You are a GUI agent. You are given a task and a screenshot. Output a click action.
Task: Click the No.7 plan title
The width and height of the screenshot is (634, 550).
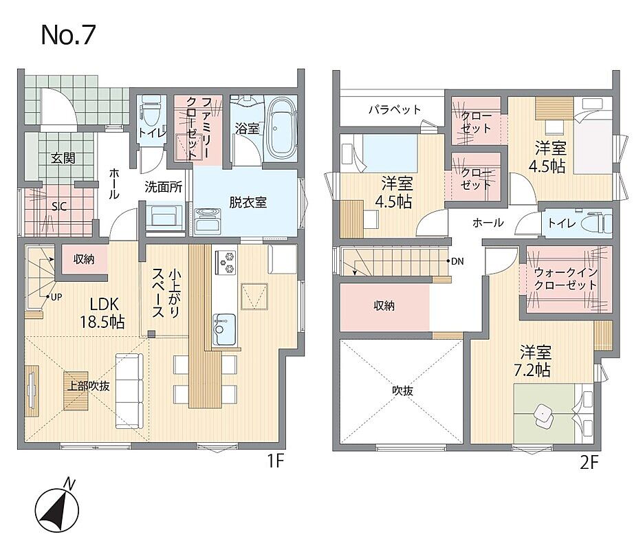68,35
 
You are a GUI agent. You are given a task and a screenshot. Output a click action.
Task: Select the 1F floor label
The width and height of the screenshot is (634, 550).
276,461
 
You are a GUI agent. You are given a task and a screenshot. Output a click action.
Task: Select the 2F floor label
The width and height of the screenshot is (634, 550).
589,462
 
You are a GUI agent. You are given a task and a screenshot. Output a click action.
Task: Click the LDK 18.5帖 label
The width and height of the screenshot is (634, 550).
102,312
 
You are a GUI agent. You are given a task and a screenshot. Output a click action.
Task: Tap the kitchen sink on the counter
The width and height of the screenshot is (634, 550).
224,329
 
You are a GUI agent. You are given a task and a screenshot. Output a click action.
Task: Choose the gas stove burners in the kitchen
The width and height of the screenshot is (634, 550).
226,262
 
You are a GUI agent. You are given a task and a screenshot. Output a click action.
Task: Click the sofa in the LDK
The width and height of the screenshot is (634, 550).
129,390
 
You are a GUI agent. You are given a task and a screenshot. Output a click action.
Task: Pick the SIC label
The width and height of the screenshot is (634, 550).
59,207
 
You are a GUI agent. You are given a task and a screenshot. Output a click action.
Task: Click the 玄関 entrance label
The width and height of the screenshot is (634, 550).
63,158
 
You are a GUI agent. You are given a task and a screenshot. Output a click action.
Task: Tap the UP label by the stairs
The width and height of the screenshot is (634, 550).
56,297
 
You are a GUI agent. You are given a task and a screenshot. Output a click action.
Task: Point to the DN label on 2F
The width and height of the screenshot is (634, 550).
457,261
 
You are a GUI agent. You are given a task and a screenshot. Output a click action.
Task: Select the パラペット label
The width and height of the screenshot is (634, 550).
394,109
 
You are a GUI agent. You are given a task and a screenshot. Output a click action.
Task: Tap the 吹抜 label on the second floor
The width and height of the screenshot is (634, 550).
403,390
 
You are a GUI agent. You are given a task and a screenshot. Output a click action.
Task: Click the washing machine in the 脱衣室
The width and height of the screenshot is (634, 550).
208,221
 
